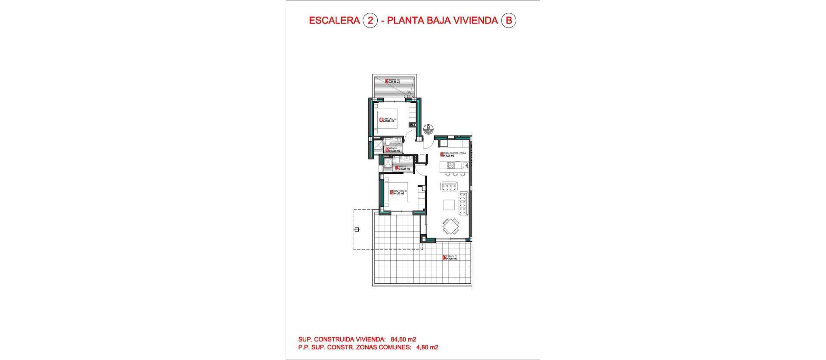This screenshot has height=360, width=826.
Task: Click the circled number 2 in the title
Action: click(370, 20)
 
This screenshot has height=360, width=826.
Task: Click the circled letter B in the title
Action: click(509, 20)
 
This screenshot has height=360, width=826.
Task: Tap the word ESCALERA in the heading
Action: click(334, 20)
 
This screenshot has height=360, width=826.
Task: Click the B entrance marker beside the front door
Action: click(428, 129)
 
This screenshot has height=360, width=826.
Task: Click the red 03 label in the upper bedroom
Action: click(381, 120)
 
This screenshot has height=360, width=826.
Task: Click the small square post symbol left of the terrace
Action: click(356, 229)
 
